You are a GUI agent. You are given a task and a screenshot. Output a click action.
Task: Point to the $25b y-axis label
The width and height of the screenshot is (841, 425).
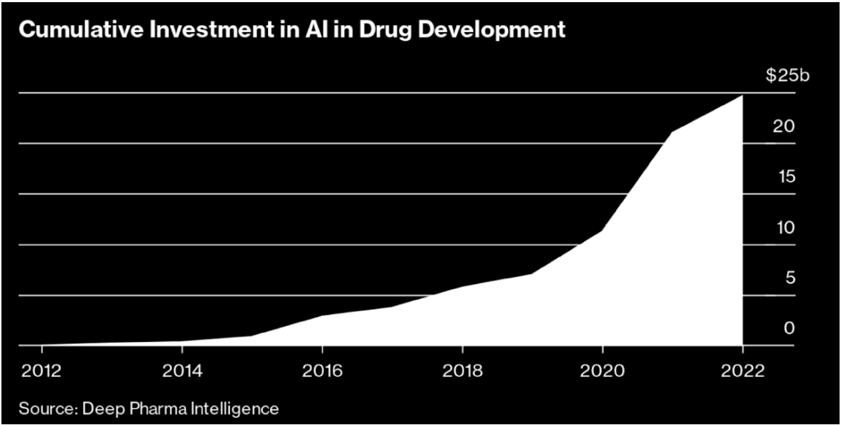click(x=787, y=76)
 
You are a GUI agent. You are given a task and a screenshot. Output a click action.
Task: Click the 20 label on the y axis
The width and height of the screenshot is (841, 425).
click(x=785, y=127)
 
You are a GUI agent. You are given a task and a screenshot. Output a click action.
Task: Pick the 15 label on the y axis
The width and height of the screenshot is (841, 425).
click(x=786, y=177)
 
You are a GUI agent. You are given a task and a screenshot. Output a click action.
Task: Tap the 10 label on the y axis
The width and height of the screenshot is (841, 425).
click(x=786, y=228)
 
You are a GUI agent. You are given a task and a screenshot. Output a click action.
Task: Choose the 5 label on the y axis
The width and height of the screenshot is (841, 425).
click(x=790, y=278)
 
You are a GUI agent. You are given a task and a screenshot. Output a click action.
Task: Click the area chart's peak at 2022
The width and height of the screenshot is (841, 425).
click(x=741, y=96)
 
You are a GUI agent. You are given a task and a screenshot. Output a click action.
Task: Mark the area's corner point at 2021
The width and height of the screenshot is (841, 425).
click(x=672, y=132)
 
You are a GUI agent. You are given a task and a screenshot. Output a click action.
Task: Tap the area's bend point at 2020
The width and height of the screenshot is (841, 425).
click(x=602, y=230)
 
